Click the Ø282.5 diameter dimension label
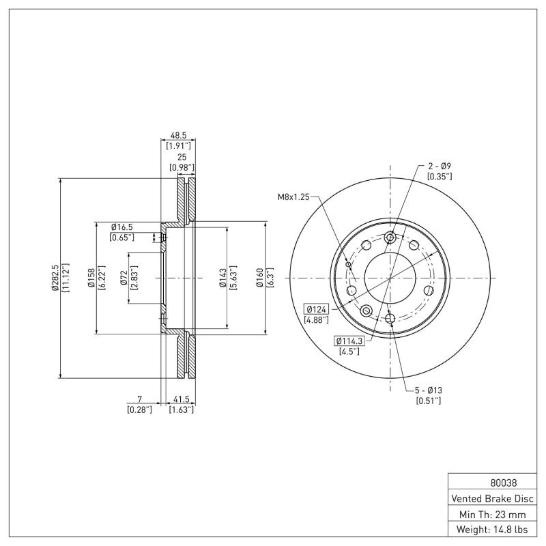point(53,278)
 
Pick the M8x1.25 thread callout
point(293,197)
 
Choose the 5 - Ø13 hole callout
point(429,390)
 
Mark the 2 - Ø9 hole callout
point(439,166)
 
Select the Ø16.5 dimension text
point(122,227)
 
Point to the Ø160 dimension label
point(260,278)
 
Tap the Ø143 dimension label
point(222,278)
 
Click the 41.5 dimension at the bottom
point(182,399)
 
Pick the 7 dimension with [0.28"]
point(139,399)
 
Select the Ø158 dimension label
point(91,278)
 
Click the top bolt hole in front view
point(390,238)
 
